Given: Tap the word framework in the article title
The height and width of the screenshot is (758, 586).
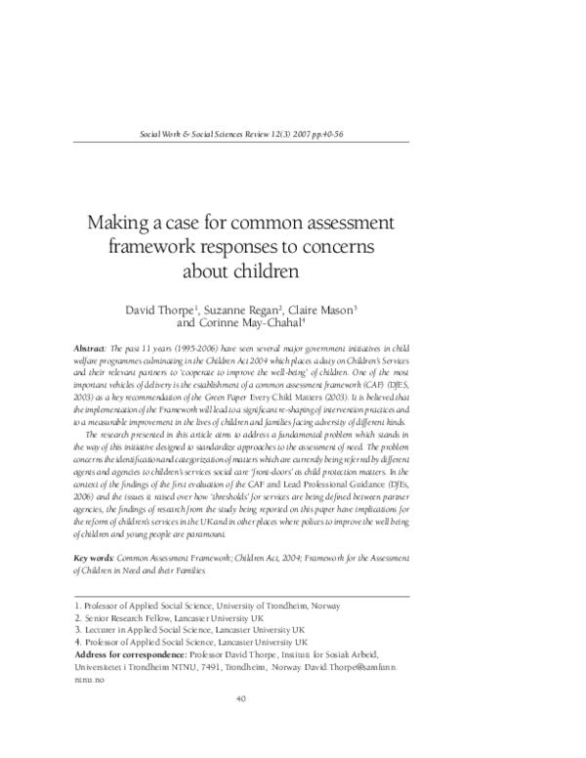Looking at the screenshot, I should [164, 246].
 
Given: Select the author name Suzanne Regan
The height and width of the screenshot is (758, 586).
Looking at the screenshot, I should [242, 311].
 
